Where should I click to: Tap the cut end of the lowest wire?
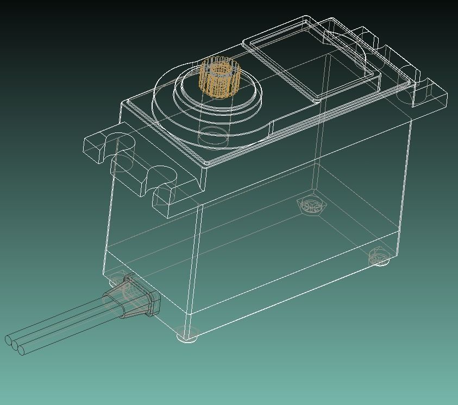pyautogui.click(x=22, y=351)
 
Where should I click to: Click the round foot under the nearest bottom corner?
pyautogui.click(x=187, y=335)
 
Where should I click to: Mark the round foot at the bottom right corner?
pyautogui.click(x=379, y=259)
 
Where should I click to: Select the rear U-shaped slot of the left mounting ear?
pyautogui.click(x=124, y=142)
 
